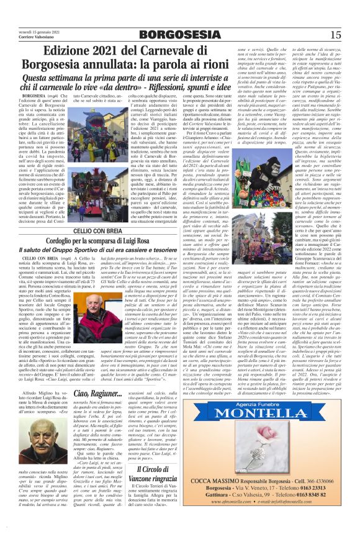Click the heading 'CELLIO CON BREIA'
click(122, 229)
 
